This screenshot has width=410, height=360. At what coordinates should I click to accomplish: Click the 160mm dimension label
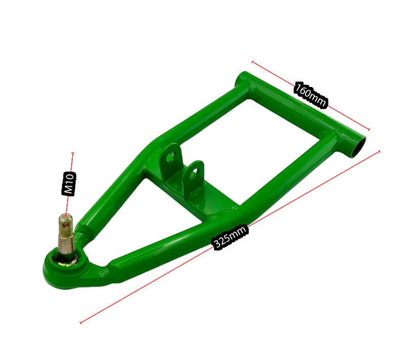pyautogui.click(x=311, y=95)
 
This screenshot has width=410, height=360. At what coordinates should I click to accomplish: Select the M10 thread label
pyautogui.click(x=69, y=184)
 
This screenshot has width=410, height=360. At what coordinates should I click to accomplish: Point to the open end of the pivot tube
pyautogui.click(x=358, y=147)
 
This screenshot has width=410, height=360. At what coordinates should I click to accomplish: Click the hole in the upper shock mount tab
pyautogui.click(x=170, y=157)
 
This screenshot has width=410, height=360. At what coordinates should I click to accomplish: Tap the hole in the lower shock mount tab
pyautogui.click(x=194, y=173)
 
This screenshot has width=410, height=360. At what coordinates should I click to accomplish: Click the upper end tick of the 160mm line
pyautogui.click(x=252, y=62)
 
